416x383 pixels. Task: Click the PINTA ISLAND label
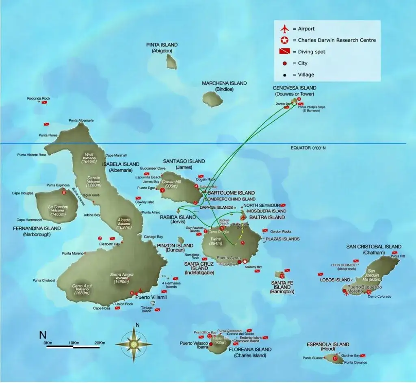click(162, 45)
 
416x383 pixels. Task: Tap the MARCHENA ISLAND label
click(224, 83)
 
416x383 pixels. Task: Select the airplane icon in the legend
click(284, 29)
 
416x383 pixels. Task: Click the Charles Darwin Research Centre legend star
click(284, 40)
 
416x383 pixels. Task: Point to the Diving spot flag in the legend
click(284, 52)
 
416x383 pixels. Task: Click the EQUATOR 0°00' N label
click(308, 148)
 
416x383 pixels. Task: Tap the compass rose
click(134, 344)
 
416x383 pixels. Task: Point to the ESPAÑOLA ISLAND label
click(328, 344)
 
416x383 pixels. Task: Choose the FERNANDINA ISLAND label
click(37, 229)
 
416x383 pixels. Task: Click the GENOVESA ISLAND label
click(295, 88)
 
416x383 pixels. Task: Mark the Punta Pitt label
click(398, 256)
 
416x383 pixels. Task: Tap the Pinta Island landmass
click(171, 62)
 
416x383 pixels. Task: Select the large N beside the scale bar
click(42, 335)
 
